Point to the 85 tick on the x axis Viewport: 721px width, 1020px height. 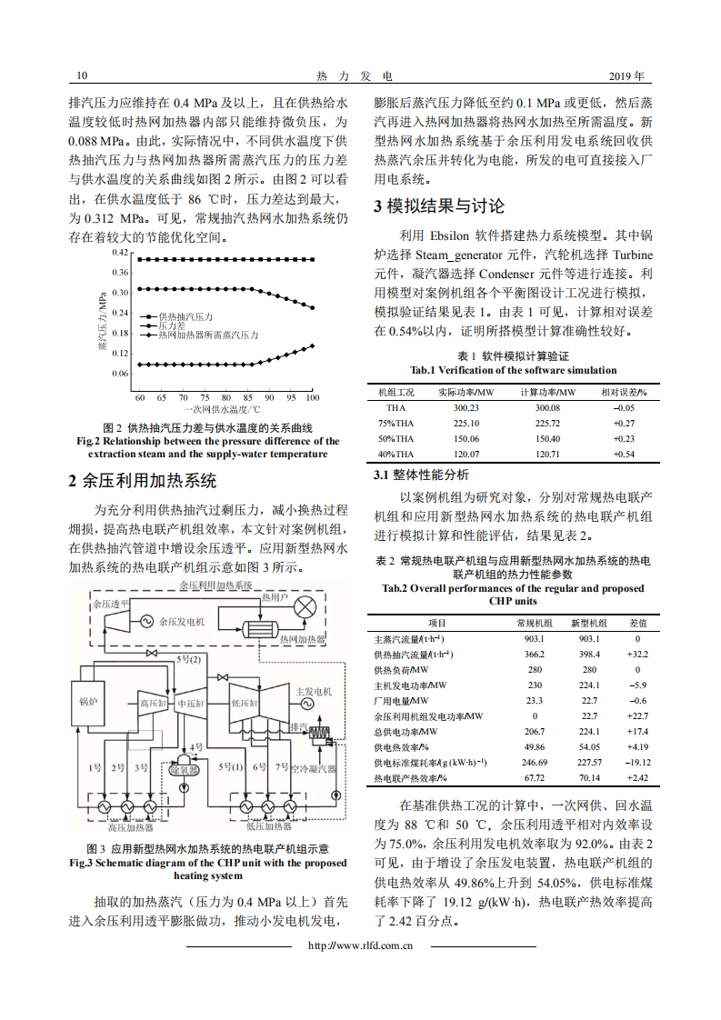pos(247,398)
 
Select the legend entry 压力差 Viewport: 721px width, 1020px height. pos(173,325)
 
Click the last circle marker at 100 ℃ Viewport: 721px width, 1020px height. pos(313,345)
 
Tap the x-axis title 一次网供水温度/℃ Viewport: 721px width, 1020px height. pos(225,410)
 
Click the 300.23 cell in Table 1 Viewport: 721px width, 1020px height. pos(466,408)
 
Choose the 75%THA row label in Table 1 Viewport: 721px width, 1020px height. pos(396,424)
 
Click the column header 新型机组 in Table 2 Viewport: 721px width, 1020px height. pos(588,623)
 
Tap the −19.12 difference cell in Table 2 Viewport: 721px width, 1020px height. pos(637,763)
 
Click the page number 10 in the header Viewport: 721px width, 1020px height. pos(82,75)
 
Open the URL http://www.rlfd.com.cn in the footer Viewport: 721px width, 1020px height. pos(361,946)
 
